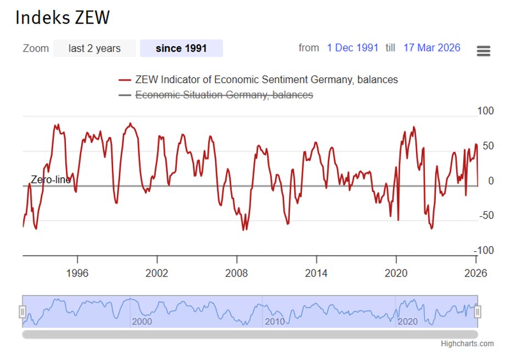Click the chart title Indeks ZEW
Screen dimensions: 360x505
[x=63, y=18]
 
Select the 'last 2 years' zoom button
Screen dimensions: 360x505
[x=94, y=48]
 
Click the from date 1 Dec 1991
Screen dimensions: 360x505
[x=352, y=48]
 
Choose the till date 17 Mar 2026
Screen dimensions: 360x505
[x=431, y=48]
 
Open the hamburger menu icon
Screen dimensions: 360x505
[x=484, y=51]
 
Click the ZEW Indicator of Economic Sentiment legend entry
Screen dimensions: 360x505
[x=266, y=80]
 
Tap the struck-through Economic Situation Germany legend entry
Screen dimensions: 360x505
[x=224, y=95]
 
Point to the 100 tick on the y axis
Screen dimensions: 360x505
[x=486, y=111]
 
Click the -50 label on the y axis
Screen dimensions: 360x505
[x=486, y=215]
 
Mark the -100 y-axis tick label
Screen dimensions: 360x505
[x=484, y=250]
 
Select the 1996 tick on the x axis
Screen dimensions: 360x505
[x=77, y=273]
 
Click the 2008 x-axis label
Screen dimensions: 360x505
[x=237, y=273]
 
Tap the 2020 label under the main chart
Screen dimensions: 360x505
[x=396, y=273]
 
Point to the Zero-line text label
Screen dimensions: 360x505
[x=50, y=179]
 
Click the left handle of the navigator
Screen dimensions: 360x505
[x=23, y=312]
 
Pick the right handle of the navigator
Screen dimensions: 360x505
[x=478, y=312]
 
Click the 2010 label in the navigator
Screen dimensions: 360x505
[x=274, y=322]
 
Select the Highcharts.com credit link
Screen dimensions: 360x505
[x=467, y=344]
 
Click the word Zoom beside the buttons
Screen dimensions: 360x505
[x=36, y=48]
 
